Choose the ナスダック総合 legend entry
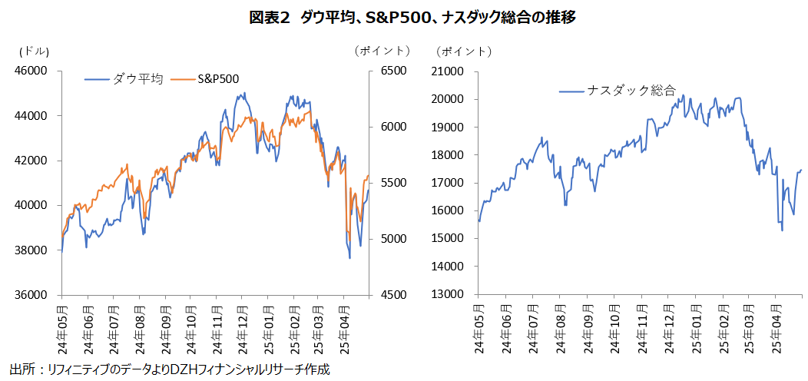pyautogui.click(x=631, y=91)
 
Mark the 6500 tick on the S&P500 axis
pyautogui.click(x=393, y=71)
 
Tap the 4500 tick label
pyautogui.click(x=393, y=295)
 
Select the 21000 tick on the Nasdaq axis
pyautogui.click(x=452, y=71)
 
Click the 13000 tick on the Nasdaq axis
pyautogui.click(x=452, y=294)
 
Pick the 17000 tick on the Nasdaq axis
pyautogui.click(x=452, y=183)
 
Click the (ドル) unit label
pyautogui.click(x=34, y=51)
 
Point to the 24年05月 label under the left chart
pyautogui.click(x=62, y=330)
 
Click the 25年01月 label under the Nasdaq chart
pyautogui.click(x=694, y=330)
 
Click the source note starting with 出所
pyautogui.click(x=170, y=369)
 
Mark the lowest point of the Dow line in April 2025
pyautogui.click(x=349, y=258)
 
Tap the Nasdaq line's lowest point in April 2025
pyautogui.click(x=782, y=230)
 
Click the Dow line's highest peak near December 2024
pyautogui.click(x=243, y=94)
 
